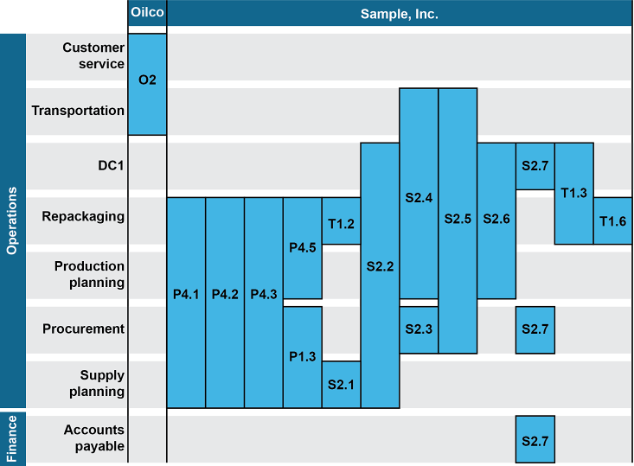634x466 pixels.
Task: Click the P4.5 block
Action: [302, 248]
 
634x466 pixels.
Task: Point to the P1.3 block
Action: [302, 356]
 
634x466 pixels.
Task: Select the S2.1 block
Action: [341, 384]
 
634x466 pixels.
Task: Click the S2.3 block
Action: [419, 329]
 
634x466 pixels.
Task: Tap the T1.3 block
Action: [573, 193]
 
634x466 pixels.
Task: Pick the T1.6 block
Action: [612, 221]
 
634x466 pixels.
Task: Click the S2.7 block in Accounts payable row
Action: [535, 440]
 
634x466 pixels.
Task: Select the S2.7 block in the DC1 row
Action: [535, 166]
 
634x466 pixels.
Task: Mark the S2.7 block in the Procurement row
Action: [535, 329]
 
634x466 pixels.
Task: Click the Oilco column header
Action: [147, 14]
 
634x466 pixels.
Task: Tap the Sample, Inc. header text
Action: [399, 14]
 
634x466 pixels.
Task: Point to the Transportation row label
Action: [78, 111]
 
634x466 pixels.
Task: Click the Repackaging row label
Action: [83, 216]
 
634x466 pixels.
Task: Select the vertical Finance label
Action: [12, 439]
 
